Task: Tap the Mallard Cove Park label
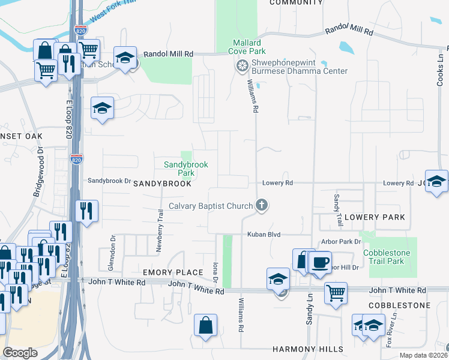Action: [247, 47]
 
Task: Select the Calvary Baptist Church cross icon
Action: [261, 206]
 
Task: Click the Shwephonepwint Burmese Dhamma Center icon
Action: [243, 65]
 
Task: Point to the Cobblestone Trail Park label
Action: [387, 257]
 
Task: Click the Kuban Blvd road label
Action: [264, 235]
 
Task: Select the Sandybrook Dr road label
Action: [109, 181]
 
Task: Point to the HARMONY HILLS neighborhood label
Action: [308, 349]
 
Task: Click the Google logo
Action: [20, 353]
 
